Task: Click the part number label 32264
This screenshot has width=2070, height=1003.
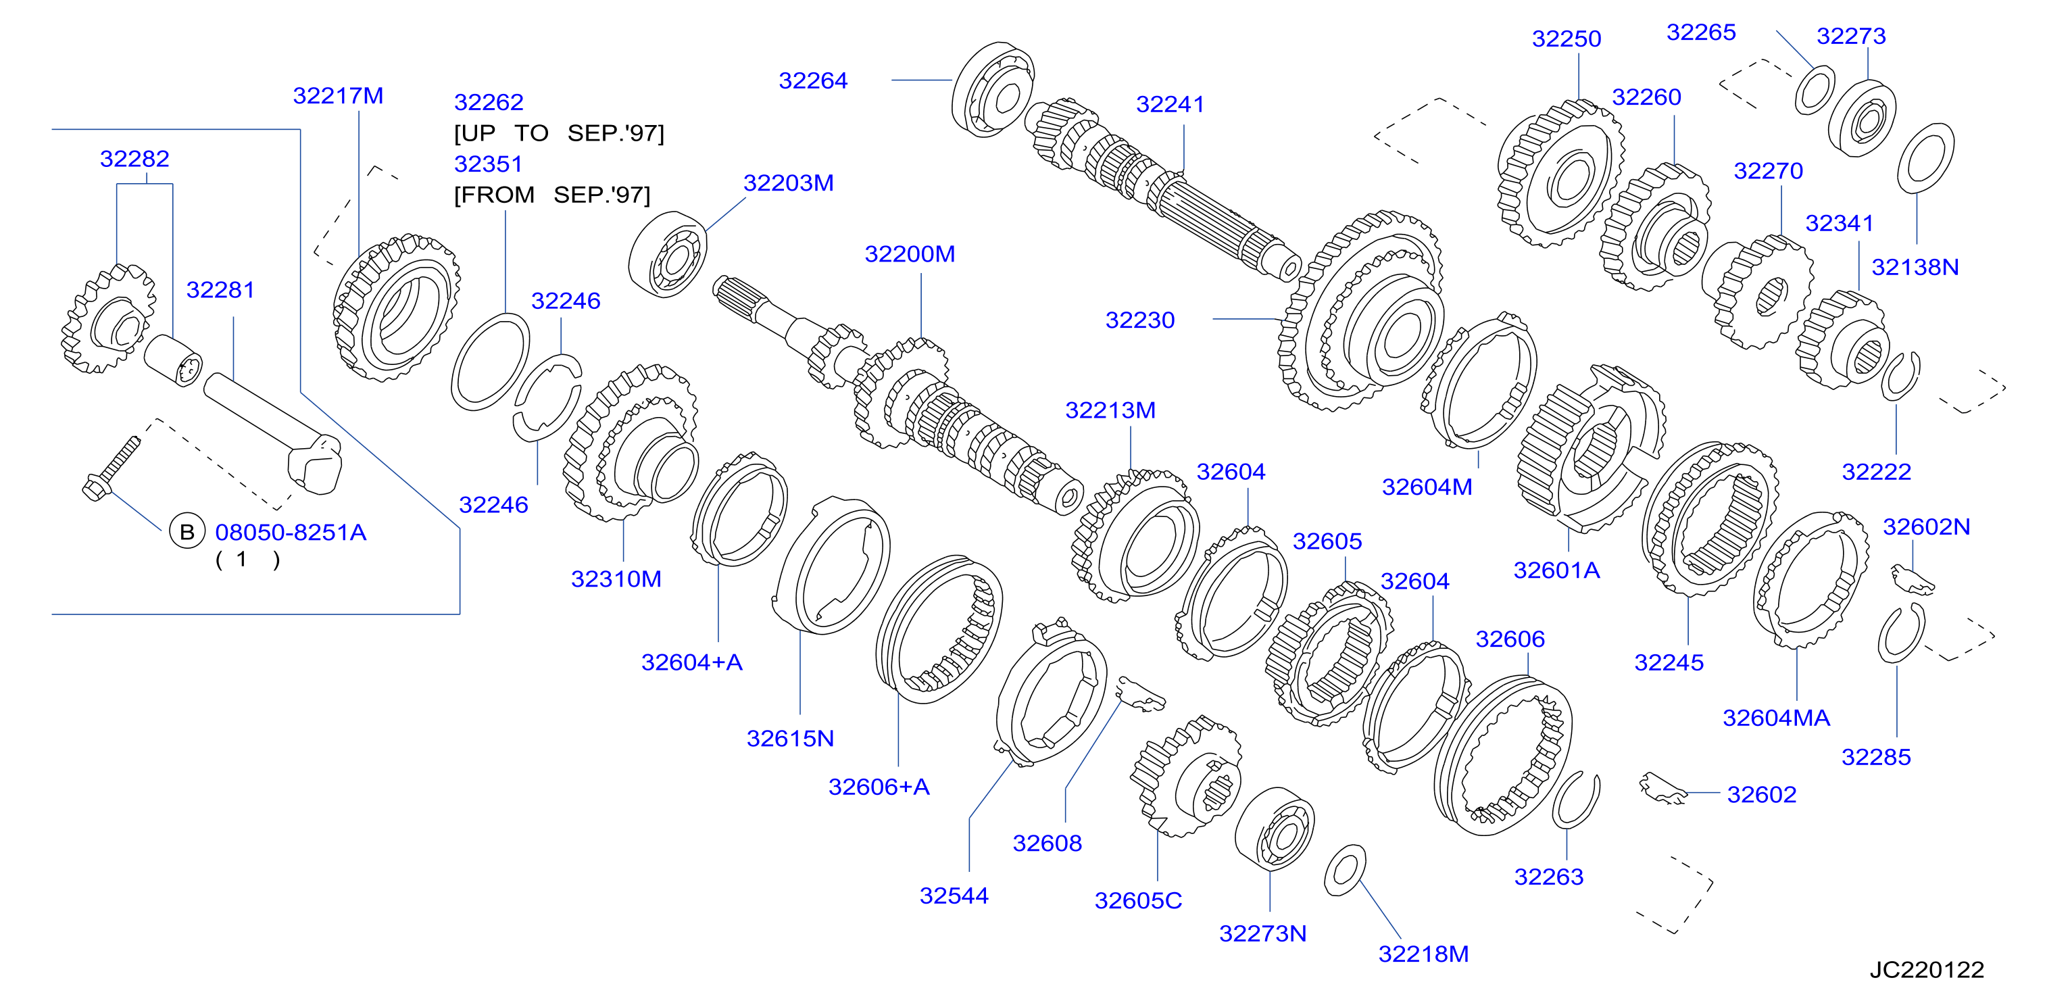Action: click(812, 80)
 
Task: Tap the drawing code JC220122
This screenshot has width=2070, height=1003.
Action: click(1926, 969)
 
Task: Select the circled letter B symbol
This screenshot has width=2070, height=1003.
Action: click(187, 532)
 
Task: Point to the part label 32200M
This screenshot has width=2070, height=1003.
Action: click(910, 254)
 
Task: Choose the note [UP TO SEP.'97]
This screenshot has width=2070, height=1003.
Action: click(560, 132)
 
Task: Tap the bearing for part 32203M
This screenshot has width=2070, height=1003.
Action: click(668, 254)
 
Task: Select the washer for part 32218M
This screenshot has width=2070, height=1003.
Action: click(1344, 870)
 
